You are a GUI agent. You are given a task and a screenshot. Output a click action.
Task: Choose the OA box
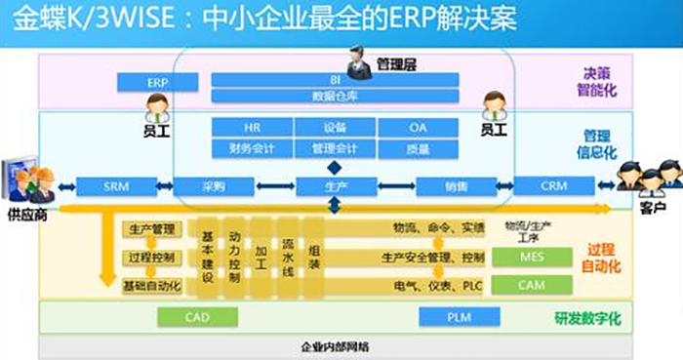tap(418, 128)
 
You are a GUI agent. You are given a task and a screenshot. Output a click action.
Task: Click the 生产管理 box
tap(151, 229)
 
